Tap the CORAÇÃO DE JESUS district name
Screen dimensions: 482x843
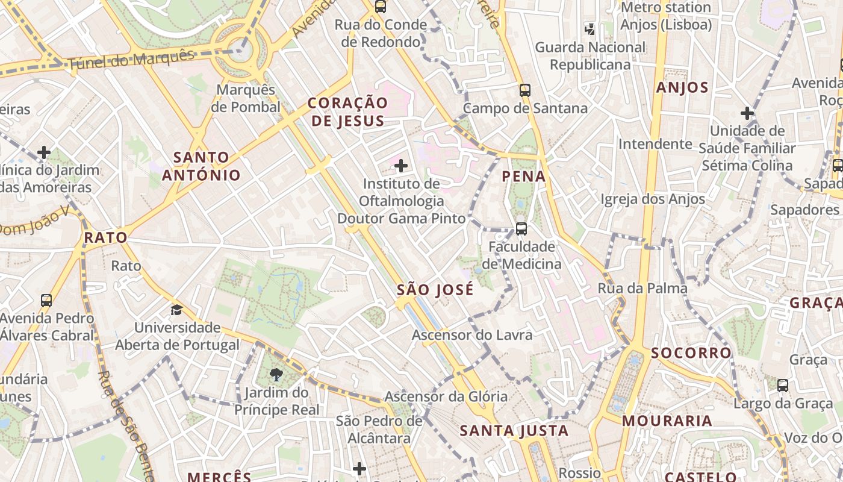click(346, 112)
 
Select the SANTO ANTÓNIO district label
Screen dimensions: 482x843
click(201, 166)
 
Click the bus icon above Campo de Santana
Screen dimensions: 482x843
click(525, 91)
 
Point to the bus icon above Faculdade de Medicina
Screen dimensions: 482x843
click(521, 229)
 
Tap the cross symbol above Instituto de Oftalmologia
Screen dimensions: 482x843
click(401, 166)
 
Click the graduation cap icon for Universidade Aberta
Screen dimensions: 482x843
click(176, 310)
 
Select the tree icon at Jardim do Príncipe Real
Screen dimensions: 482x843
click(276, 375)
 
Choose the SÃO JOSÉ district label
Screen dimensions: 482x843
click(435, 290)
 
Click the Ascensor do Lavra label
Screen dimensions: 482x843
click(472, 335)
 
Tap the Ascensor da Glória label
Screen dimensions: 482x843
click(446, 396)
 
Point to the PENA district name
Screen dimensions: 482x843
click(524, 177)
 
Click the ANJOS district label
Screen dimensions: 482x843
click(682, 87)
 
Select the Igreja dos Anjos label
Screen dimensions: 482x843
click(653, 199)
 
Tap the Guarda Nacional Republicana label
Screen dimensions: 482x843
click(590, 55)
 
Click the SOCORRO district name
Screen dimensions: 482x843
click(683, 352)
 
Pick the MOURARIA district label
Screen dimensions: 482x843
click(667, 421)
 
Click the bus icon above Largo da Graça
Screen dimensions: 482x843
click(783, 386)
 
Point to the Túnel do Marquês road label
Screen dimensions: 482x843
click(131, 60)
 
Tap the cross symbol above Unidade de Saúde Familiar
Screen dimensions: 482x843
click(747, 113)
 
